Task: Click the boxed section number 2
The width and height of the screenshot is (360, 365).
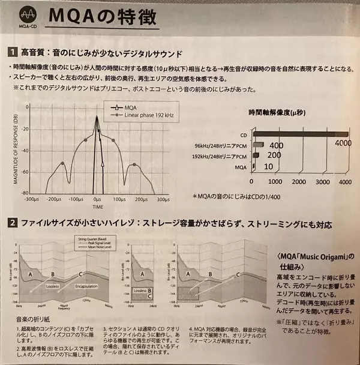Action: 12,225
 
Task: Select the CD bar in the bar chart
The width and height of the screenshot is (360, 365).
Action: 300,134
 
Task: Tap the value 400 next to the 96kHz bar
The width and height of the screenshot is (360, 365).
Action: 277,145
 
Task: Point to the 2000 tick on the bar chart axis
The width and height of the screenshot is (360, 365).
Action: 299,180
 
